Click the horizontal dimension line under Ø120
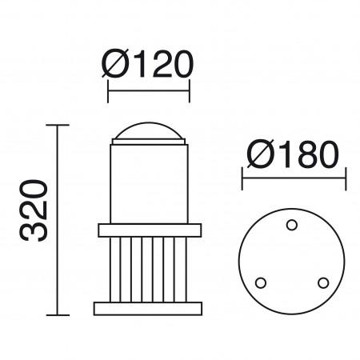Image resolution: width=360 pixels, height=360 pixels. [148, 90]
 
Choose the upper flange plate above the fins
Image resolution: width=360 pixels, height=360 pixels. [148, 231]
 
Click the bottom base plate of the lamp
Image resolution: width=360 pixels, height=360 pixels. [148, 307]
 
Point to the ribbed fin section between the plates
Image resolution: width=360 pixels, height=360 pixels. [148, 269]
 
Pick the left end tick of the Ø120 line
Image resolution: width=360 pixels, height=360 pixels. [108, 90]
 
